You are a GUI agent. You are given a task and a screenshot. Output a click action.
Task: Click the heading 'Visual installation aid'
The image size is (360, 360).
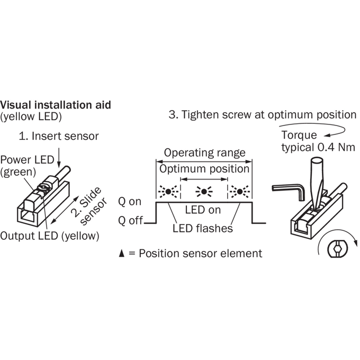(x=56, y=105)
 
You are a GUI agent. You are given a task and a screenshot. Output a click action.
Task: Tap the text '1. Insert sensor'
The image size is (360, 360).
(x=59, y=136)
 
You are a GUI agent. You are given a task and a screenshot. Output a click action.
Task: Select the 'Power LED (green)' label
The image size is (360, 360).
(x=27, y=166)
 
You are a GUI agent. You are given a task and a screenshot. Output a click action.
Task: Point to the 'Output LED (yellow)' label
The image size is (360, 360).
(x=50, y=236)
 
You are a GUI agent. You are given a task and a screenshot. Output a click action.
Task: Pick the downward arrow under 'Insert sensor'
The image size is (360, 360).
(x=59, y=158)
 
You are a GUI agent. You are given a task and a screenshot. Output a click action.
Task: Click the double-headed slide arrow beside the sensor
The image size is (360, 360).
(x=65, y=210)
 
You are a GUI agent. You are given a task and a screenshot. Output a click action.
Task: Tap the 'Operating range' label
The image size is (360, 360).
(x=204, y=152)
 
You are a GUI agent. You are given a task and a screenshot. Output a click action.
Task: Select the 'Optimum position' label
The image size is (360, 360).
(x=204, y=169)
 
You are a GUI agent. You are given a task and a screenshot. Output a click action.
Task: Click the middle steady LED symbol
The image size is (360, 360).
(x=204, y=191)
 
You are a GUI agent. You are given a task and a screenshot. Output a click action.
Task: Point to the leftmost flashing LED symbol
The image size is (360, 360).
(x=168, y=191)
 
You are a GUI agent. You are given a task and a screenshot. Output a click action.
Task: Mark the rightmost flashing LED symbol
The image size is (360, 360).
(x=240, y=191)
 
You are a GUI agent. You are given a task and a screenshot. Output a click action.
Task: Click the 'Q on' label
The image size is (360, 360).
(x=130, y=202)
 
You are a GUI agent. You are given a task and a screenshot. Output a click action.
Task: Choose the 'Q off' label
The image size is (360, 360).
(x=131, y=221)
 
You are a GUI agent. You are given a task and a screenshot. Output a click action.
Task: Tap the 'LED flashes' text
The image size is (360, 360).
(x=203, y=228)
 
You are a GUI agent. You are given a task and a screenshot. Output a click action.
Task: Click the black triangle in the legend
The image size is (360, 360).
(x=122, y=253)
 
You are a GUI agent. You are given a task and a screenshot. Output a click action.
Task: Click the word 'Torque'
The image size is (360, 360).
(x=299, y=135)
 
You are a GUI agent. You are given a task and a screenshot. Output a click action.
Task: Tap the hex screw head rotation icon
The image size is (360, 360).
(x=337, y=248)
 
